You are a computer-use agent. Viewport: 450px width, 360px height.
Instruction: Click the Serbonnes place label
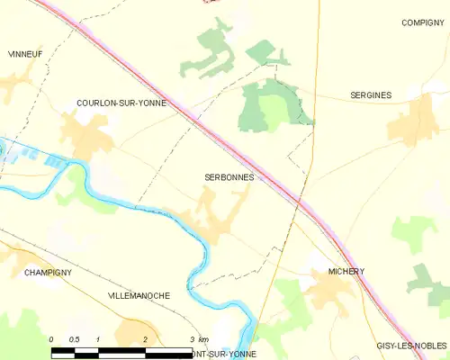(220, 177)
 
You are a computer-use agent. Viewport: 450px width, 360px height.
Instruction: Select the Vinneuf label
(25, 54)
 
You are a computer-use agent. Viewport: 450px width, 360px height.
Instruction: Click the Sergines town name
(370, 94)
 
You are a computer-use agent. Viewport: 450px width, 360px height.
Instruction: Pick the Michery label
(346, 271)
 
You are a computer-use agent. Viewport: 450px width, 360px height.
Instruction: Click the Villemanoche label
(139, 295)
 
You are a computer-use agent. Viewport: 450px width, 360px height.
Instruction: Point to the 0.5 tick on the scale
(75, 339)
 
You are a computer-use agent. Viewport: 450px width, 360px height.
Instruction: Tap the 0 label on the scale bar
(52, 339)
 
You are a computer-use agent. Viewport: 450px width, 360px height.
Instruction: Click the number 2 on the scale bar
(145, 339)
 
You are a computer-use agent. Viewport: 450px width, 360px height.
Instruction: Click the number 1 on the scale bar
(97, 339)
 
